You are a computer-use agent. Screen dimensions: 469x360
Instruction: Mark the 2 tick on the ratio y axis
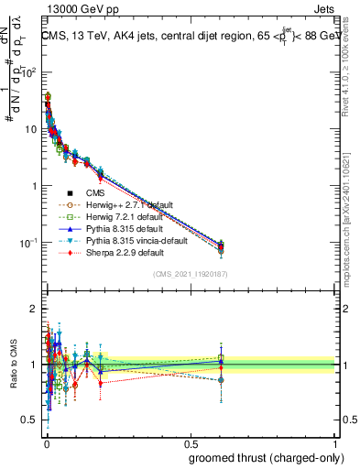(36, 309)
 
